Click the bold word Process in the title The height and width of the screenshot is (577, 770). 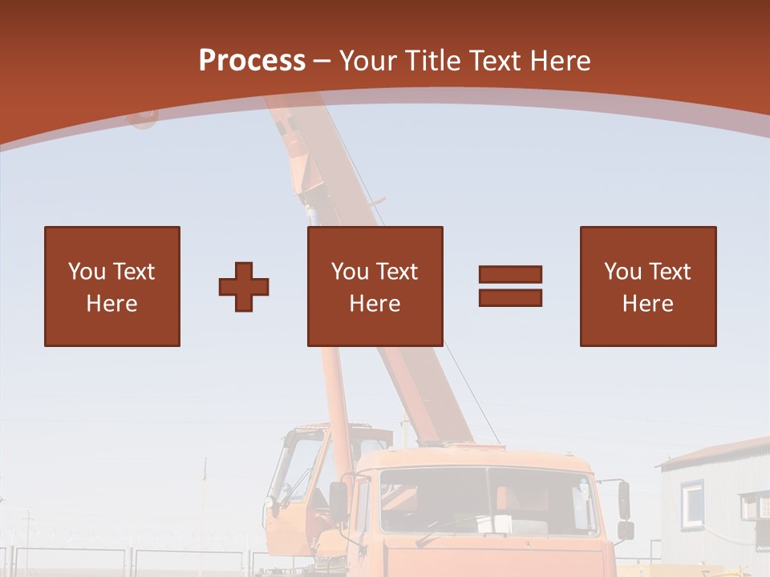tap(252, 60)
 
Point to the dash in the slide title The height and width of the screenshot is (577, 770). tap(322, 61)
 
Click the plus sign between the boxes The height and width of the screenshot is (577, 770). tap(244, 286)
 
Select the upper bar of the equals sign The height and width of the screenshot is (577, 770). tap(510, 275)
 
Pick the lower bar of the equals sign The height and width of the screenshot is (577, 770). tap(510, 297)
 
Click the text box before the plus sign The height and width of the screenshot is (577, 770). tap(111, 286)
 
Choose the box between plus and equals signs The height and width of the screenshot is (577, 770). tap(375, 286)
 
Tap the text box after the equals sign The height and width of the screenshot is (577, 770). tap(647, 286)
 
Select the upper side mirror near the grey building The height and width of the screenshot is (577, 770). tap(624, 499)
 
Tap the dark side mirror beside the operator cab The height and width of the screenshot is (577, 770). tap(338, 501)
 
